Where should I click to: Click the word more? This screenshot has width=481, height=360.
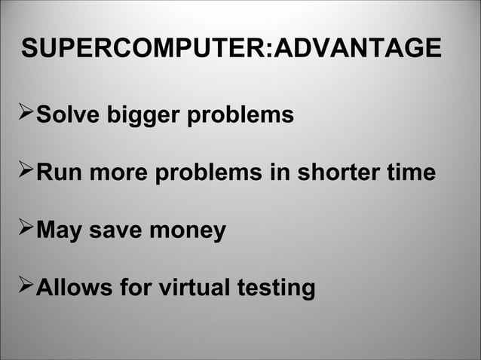click(x=120, y=172)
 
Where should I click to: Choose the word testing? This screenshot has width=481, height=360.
click(x=277, y=288)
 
